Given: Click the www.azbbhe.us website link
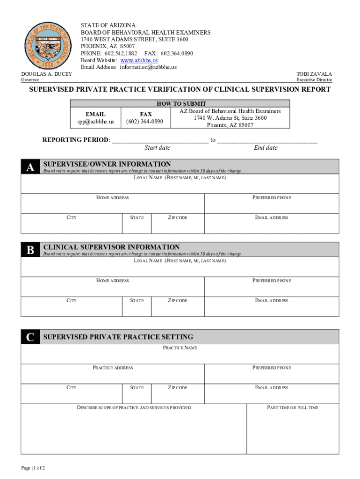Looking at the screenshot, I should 139,60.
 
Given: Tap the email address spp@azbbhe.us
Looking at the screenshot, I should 95,122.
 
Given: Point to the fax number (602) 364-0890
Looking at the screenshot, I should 145,122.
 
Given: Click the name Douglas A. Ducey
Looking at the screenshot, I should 46,74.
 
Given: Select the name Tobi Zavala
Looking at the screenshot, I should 314,74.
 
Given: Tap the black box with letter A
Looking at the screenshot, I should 30,167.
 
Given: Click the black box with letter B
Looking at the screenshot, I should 30,250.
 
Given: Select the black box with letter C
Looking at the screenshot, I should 30,337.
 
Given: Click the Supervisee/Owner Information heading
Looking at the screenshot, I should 107,164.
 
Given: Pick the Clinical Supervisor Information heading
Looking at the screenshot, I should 111,247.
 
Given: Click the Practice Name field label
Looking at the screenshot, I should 180,348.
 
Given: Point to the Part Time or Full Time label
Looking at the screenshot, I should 293,408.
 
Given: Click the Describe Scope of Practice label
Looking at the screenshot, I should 134,408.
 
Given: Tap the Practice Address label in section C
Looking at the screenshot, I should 113,368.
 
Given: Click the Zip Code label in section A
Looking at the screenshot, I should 178,218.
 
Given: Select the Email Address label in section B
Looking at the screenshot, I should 272,300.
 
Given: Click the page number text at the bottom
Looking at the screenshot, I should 33,468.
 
